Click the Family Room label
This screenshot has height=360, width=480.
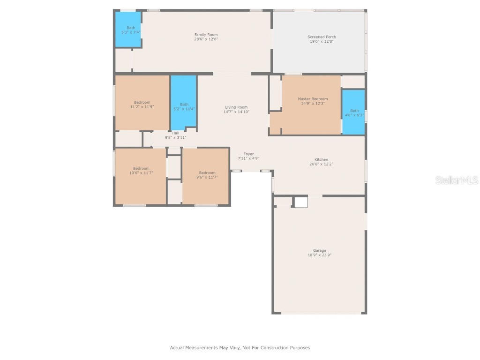[206, 35]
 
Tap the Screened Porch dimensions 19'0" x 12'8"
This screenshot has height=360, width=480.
[321, 41]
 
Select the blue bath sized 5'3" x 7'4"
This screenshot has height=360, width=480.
[128, 30]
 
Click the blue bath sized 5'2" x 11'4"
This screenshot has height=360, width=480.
[183, 101]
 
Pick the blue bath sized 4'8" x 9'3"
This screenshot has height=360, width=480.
[353, 112]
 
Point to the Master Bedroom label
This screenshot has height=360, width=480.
[313, 99]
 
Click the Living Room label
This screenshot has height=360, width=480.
[236, 107]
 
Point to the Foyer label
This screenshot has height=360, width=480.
[248, 154]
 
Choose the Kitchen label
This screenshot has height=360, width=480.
[321, 159]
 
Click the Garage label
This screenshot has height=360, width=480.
[320, 250]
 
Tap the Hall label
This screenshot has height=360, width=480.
[175, 133]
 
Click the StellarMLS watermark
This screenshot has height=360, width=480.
[456, 180]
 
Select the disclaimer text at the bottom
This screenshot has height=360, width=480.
[240, 348]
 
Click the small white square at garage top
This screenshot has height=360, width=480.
[300, 202]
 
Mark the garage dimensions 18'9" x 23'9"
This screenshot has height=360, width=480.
[320, 255]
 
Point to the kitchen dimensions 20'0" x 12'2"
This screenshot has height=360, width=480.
[321, 164]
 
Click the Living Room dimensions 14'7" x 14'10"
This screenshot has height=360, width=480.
[236, 112]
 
